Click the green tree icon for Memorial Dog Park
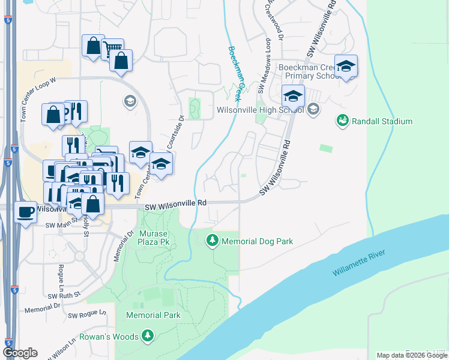212,241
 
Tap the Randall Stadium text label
382,122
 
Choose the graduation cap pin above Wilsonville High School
292,95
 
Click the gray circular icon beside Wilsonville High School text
313,109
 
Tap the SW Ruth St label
64,295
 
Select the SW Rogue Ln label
86,314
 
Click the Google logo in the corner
20,353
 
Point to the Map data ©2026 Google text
412,355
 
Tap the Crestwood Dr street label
277,21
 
